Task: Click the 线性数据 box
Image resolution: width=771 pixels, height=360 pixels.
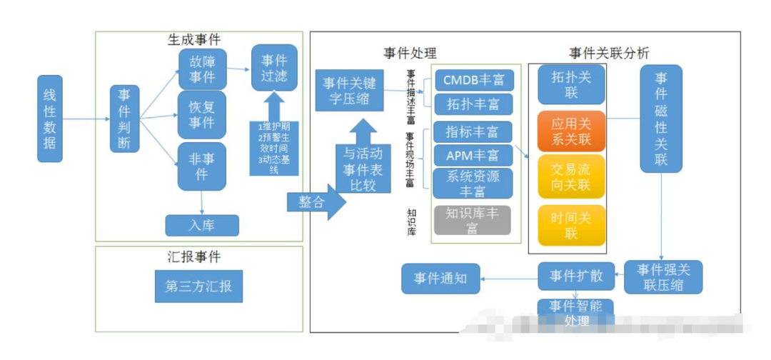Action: click(x=50, y=118)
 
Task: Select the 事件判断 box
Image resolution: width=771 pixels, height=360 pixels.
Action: click(x=124, y=119)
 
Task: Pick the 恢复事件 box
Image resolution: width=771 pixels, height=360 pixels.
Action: click(x=202, y=114)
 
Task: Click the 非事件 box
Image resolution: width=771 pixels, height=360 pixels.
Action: click(x=202, y=166)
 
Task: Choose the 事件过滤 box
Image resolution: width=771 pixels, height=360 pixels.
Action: click(x=274, y=67)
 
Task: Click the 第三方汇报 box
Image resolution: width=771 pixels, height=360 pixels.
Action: click(x=198, y=287)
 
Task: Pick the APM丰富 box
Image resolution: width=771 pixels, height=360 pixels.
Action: click(x=473, y=154)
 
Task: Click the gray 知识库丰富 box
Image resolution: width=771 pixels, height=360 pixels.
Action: click(x=473, y=220)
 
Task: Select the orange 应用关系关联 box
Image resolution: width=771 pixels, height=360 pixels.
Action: click(x=571, y=131)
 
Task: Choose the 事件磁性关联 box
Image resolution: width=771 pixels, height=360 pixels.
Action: click(x=661, y=119)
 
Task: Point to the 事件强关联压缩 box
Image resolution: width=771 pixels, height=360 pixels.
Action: click(x=663, y=277)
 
